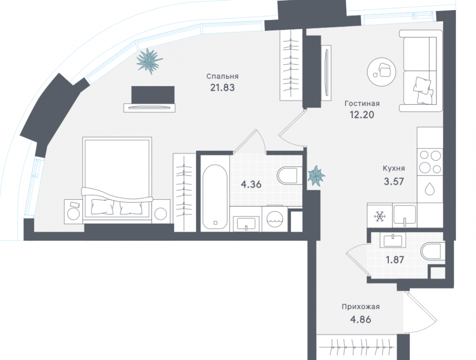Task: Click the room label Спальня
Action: pyautogui.click(x=222, y=77)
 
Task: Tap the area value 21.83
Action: pyautogui.click(x=222, y=88)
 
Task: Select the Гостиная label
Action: pyautogui.click(x=362, y=103)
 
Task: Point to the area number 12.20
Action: pyautogui.click(x=362, y=115)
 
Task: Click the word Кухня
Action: pyautogui.click(x=394, y=168)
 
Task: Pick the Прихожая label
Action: pyautogui.click(x=361, y=307)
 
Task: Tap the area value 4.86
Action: pyautogui.click(x=361, y=320)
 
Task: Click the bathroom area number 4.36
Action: pyautogui.click(x=251, y=184)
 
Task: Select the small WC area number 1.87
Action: pyautogui.click(x=395, y=260)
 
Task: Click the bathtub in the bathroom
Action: pyautogui.click(x=215, y=197)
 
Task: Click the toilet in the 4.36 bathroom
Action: pyautogui.click(x=289, y=175)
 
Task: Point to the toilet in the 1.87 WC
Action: pyautogui.click(x=432, y=251)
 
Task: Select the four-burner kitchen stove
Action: pyautogui.click(x=430, y=162)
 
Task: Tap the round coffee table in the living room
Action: pyautogui.click(x=382, y=72)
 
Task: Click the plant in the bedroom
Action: pyautogui.click(x=149, y=61)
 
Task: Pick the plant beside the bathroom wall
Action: pyautogui.click(x=317, y=175)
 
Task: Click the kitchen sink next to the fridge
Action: pyautogui.click(x=405, y=215)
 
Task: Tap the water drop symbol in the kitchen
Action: pyautogui.click(x=429, y=189)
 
